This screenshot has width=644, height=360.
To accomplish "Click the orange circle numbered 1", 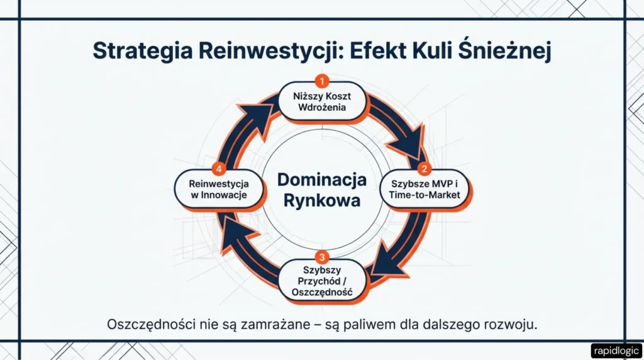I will tap(322, 81).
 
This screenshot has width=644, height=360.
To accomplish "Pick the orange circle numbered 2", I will tap(425, 169).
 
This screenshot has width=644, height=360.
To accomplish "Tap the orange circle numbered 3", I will tap(322, 257).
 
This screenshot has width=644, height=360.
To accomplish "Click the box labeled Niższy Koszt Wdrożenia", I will tap(322, 102).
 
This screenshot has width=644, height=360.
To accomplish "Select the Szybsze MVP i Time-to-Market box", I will tap(426, 189).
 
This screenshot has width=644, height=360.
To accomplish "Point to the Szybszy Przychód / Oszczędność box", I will tap(322, 281).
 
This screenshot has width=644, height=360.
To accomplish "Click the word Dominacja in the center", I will tap(322, 180).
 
